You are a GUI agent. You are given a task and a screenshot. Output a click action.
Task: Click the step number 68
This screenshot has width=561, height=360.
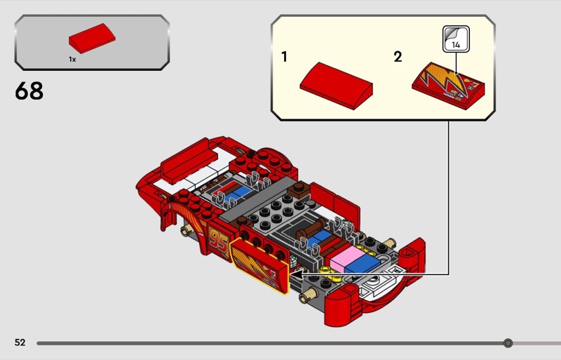(x=29, y=91)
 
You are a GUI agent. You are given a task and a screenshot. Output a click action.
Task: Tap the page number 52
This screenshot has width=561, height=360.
(x=20, y=342)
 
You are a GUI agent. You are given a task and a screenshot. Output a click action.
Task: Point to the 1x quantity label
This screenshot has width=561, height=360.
(x=72, y=60)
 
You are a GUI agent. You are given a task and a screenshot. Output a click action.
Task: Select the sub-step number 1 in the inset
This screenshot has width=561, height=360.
(x=284, y=57)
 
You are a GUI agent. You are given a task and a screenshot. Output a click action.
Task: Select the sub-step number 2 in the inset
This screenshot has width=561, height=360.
(x=398, y=57)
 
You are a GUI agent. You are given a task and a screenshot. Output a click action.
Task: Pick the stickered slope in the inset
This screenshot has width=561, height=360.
(x=450, y=87)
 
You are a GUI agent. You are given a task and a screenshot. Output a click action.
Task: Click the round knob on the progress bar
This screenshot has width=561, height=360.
(x=508, y=343)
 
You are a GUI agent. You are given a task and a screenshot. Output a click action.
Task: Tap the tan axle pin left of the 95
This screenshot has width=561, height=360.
(x=187, y=231)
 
